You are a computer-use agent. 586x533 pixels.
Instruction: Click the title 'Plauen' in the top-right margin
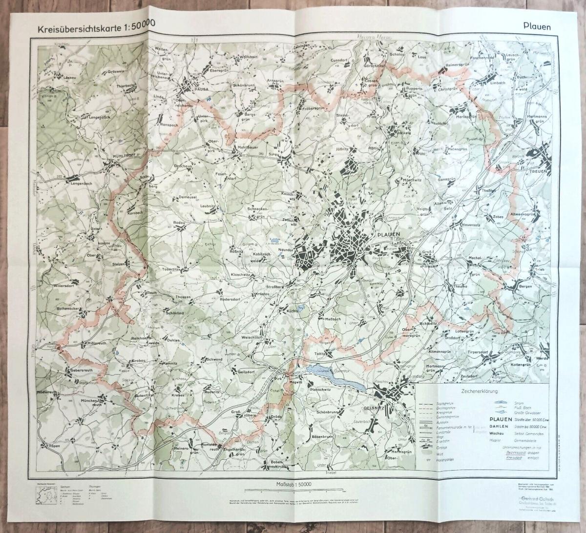pos(535,27)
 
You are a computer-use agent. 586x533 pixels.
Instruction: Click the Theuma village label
pos(460,287)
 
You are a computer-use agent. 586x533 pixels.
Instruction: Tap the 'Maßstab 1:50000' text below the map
pos(292,484)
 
